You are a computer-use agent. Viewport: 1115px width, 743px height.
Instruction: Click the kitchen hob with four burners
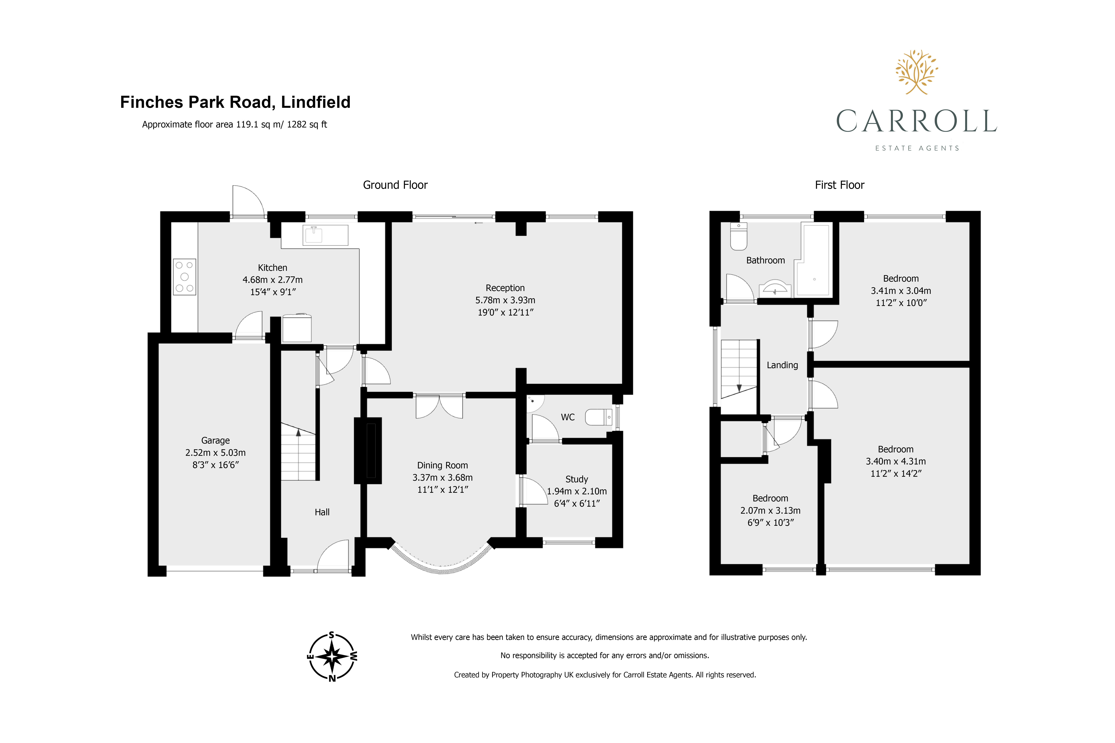coord(184,277)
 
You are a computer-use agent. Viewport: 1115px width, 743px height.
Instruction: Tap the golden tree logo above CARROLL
coord(916,72)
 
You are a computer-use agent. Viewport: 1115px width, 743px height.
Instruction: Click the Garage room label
coord(215,440)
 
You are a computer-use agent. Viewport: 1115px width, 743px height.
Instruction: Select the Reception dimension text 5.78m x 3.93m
coord(505,300)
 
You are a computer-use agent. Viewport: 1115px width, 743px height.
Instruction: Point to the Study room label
coord(576,479)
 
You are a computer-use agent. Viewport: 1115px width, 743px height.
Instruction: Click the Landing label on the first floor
coord(782,365)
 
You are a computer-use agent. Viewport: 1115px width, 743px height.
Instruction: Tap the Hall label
coord(322,512)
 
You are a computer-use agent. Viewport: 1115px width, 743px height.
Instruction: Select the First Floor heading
coord(839,185)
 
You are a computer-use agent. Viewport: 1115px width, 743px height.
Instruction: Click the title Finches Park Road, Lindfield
coord(235,102)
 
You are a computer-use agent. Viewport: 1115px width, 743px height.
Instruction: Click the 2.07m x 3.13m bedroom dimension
coord(770,510)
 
